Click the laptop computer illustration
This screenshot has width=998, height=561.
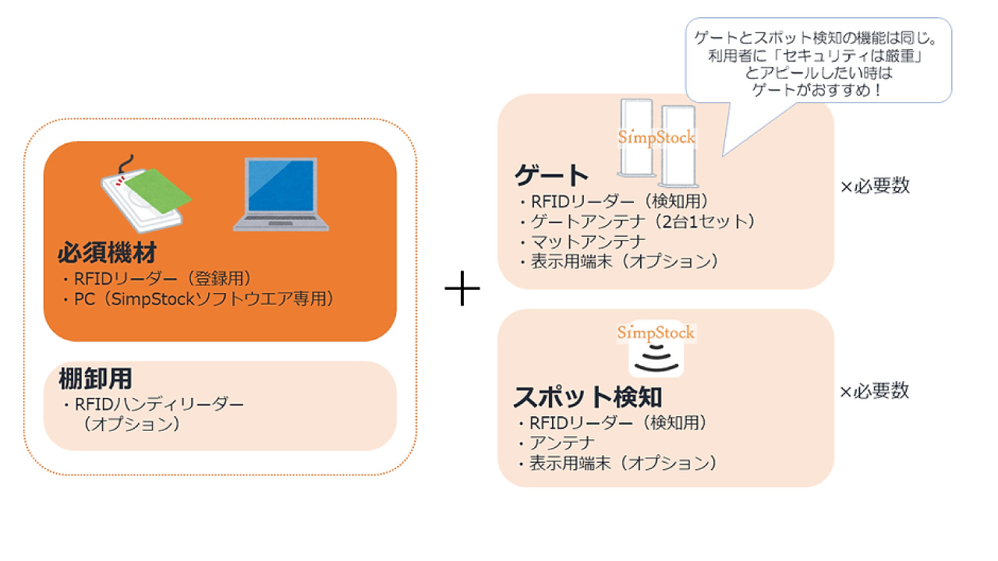[281, 195]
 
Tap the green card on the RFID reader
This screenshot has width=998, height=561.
[157, 190]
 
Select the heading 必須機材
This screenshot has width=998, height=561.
[107, 252]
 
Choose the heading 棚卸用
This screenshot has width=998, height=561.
[95, 379]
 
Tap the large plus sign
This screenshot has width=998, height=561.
[462, 288]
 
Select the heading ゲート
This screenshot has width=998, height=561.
[551, 175]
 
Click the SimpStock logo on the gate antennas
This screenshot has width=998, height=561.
[656, 137]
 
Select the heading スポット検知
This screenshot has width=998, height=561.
[588, 397]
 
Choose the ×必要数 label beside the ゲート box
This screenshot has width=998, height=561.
[875, 185]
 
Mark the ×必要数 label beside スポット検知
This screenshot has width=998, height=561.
[874, 391]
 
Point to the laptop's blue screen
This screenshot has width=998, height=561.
[281, 185]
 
